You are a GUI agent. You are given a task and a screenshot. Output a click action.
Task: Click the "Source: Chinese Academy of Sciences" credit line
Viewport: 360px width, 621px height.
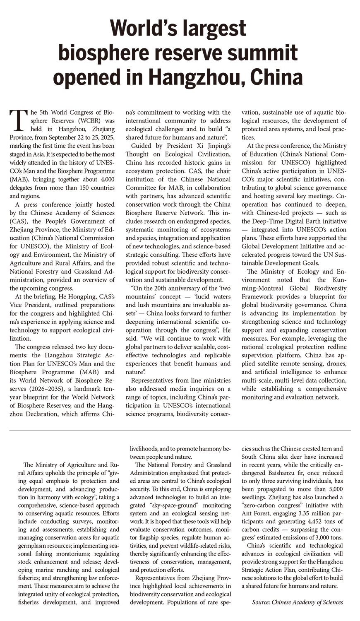297,602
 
